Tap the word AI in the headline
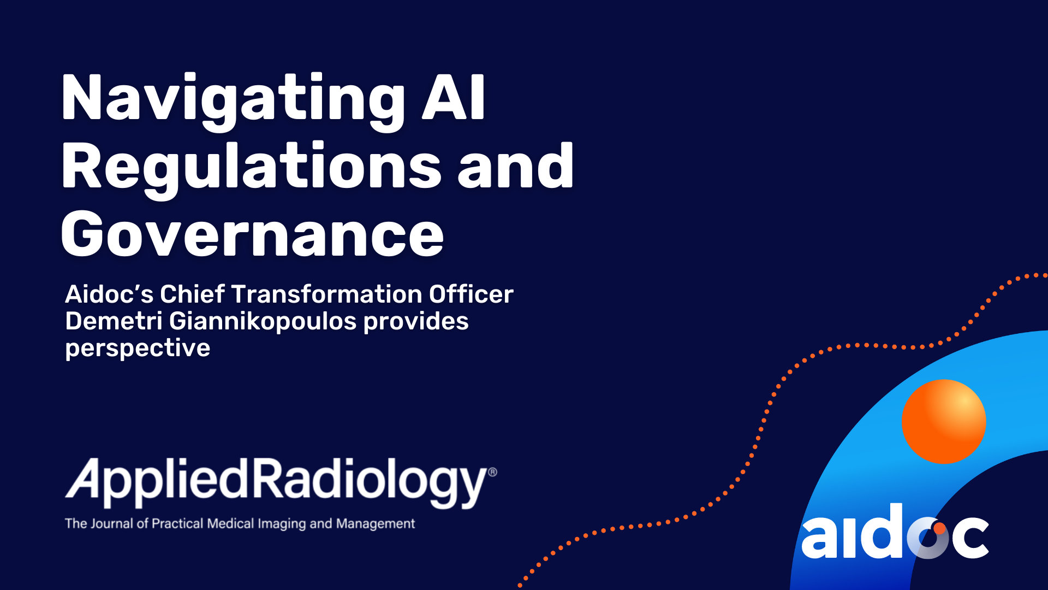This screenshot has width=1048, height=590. (454, 98)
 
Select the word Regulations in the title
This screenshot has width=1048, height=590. (251, 167)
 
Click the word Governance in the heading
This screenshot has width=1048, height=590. (252, 235)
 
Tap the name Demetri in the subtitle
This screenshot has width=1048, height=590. (114, 321)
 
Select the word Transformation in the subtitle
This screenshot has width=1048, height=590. (327, 294)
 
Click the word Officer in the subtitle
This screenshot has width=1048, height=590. (471, 294)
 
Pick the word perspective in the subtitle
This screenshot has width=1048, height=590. (138, 349)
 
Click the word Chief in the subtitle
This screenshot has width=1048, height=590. (192, 294)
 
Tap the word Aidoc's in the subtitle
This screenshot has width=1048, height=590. (109, 294)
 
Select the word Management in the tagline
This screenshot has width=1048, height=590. (376, 523)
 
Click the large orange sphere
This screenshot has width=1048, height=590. (944, 422)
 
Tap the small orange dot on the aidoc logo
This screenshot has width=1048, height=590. (939, 528)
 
